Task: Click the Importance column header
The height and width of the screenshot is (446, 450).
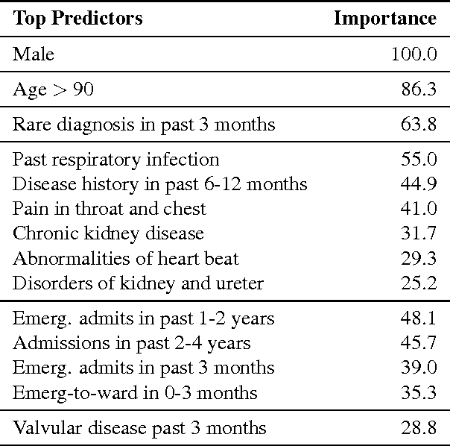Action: point(384,19)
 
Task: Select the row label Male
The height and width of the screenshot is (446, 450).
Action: point(34,54)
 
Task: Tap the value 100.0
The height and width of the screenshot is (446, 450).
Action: point(413,54)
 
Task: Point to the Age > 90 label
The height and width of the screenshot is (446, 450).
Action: point(54,89)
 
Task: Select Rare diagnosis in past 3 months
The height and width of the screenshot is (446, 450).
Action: point(144,125)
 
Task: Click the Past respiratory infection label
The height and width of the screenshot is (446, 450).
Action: point(116,160)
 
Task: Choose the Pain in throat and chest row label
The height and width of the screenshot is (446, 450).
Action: point(110,209)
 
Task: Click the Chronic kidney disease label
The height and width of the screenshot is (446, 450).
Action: point(108,233)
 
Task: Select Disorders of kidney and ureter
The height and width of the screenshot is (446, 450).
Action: point(138,283)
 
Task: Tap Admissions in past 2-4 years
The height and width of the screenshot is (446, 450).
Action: point(132,343)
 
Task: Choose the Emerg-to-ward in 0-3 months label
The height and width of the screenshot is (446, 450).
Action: point(135,392)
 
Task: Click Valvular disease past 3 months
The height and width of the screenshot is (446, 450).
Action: point(139,428)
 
